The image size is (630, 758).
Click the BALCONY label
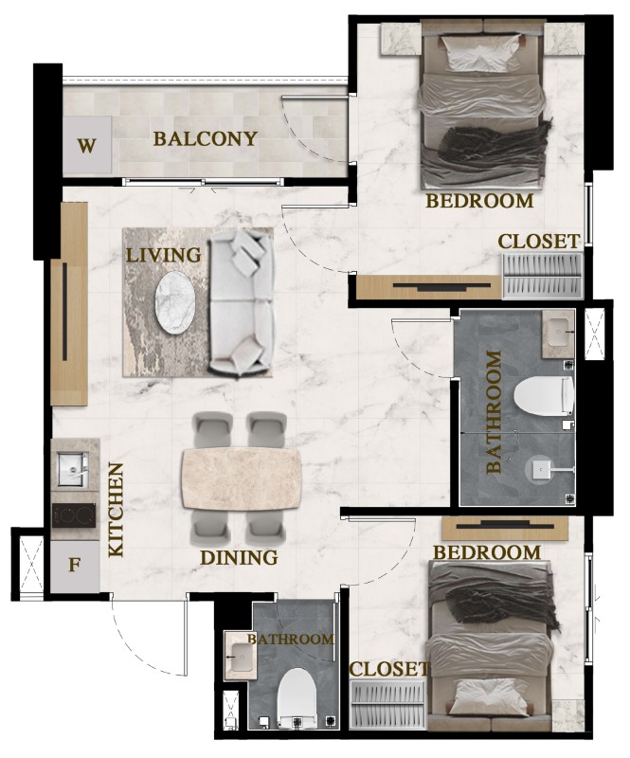click(x=205, y=138)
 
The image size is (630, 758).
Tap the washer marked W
click(x=87, y=145)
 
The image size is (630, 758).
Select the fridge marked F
click(x=75, y=565)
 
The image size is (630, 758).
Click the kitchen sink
click(x=73, y=468)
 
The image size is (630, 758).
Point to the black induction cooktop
click(x=74, y=515)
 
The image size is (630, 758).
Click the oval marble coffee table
click(x=175, y=302)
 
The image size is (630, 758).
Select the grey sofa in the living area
click(x=242, y=303)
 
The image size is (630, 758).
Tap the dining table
click(x=241, y=478)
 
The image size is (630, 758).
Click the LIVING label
click(x=164, y=255)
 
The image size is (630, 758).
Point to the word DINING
click(x=239, y=557)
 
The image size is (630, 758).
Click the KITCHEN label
click(x=116, y=510)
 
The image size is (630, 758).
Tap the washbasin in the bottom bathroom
click(x=241, y=657)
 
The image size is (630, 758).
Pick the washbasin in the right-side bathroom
click(x=558, y=333)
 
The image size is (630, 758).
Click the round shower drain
click(x=538, y=469)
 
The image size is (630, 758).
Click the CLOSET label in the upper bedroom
click(x=539, y=242)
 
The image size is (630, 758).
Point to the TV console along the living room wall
click(x=69, y=303)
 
